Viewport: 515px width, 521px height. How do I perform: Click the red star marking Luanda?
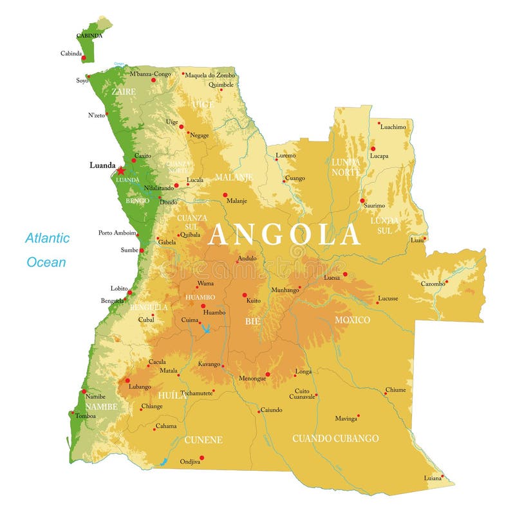[x=120, y=171]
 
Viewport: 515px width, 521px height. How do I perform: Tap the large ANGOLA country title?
[x=284, y=235]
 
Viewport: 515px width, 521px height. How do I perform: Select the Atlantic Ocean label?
[x=47, y=250]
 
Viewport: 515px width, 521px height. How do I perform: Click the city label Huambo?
[x=214, y=313]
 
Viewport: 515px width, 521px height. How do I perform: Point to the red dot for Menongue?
[x=268, y=374]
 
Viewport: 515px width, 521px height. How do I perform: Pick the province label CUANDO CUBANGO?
[x=335, y=439]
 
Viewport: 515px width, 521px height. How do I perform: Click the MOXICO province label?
[x=352, y=320]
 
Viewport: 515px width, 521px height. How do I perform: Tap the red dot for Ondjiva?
[x=201, y=458]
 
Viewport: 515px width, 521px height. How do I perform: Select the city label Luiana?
[x=433, y=478]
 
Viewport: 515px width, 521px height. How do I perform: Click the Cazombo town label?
[x=433, y=284]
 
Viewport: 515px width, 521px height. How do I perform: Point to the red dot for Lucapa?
[x=373, y=149]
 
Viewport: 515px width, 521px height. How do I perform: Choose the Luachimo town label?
[x=393, y=127]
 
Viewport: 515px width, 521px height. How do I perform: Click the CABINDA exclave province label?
[x=89, y=35]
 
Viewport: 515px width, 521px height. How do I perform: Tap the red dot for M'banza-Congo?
[x=153, y=80]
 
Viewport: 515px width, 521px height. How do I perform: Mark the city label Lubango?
[x=140, y=387]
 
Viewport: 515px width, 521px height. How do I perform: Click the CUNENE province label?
[x=203, y=440]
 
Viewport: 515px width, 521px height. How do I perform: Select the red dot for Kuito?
[x=245, y=295]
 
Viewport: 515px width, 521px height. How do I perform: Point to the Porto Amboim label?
[x=117, y=233]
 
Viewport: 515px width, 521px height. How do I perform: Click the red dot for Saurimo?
[x=362, y=201]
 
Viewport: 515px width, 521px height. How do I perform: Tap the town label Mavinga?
[x=346, y=419]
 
